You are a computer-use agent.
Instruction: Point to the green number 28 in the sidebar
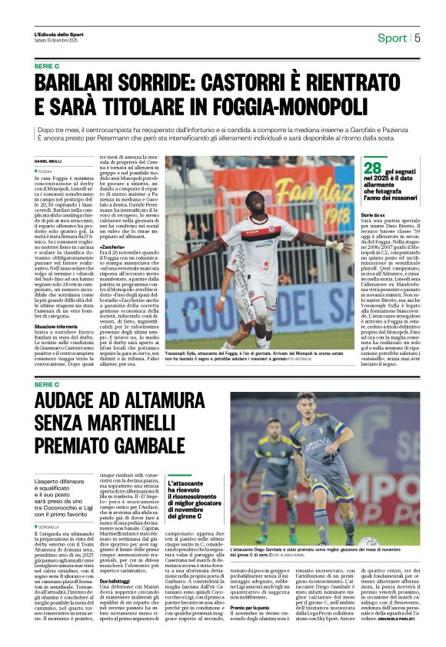(373, 168)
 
